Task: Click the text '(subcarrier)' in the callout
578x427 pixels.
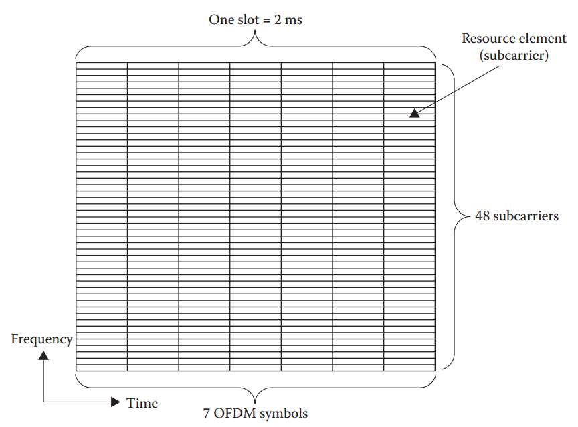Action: [x=514, y=56]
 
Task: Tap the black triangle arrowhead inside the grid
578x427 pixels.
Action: [x=415, y=114]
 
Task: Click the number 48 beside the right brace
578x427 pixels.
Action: [x=483, y=216]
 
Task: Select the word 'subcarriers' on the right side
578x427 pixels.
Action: [x=526, y=216]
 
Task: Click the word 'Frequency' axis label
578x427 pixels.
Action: [x=41, y=339]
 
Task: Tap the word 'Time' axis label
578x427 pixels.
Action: [x=142, y=403]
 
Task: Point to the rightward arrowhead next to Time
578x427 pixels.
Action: [x=115, y=402]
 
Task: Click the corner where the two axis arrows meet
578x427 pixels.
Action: [x=44, y=402]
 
